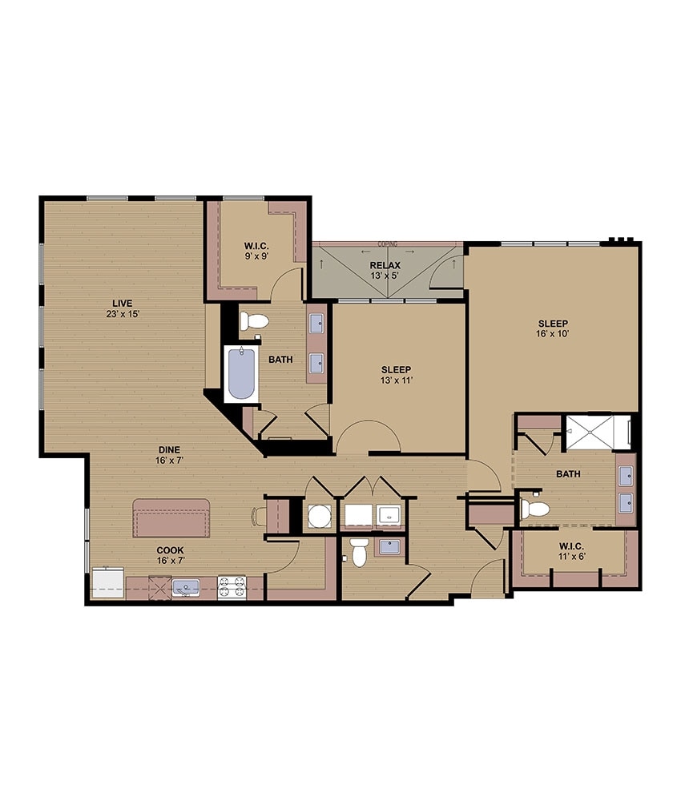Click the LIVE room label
click(122, 302)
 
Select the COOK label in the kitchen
click(170, 549)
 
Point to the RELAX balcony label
click(385, 265)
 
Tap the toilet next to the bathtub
click(255, 322)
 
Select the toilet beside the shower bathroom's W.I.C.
click(534, 508)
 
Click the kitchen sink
click(185, 589)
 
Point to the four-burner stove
click(231, 589)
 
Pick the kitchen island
click(171, 517)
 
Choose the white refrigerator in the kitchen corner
click(107, 583)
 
